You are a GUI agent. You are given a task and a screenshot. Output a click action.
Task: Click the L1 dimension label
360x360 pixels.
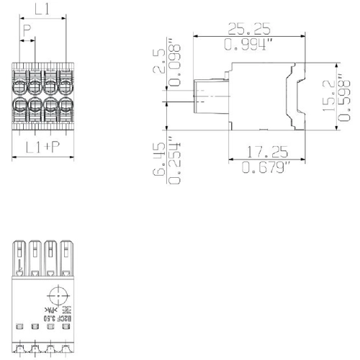(x=42, y=10)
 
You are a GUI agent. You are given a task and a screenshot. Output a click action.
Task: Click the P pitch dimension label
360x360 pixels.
(x=27, y=31)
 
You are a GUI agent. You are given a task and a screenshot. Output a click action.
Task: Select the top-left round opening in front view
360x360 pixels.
(x=21, y=87)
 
